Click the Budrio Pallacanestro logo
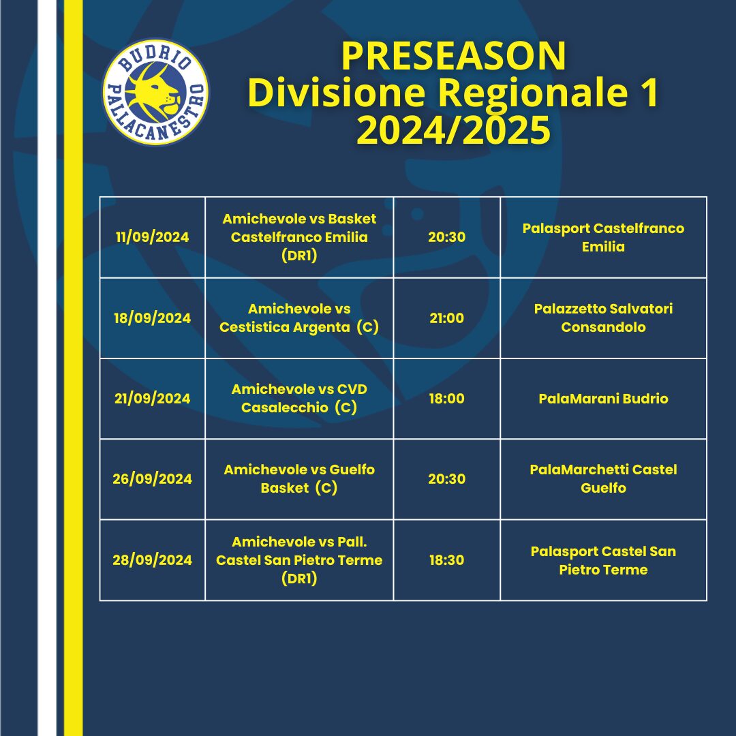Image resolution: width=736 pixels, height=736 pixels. pos(155,92)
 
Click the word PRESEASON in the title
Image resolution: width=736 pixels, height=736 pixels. pos(453,57)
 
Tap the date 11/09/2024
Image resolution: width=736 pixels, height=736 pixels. pos(152,237)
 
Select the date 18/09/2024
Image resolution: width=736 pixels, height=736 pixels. pos(152,318)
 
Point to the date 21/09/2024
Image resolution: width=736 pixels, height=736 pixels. pos(152,399)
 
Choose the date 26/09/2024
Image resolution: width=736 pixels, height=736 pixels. pos(152,479)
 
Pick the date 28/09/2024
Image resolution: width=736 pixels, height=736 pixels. pos(152,560)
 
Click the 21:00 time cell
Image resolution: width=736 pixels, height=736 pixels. pos(446,318)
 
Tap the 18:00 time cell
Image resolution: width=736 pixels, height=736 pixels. pos(446,399)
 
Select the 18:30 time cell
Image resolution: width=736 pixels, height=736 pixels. pos(446,560)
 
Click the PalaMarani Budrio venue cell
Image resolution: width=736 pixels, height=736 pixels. pos(603,399)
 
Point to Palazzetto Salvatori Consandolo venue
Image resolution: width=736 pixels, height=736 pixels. pos(603,318)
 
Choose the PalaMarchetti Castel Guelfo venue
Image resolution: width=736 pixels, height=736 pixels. pos(603,479)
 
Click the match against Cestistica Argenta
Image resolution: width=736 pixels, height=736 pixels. pos(299,318)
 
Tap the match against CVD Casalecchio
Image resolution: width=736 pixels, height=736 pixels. pos(299,398)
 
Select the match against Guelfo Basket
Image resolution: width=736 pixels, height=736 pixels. pos(299,479)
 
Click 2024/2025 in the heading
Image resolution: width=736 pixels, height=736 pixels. pos(453,129)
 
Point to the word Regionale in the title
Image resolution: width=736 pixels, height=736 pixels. pos(533,93)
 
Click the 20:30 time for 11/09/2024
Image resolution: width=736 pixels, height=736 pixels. pos(446,237)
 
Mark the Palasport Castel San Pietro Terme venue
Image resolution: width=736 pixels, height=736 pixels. pos(603,560)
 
